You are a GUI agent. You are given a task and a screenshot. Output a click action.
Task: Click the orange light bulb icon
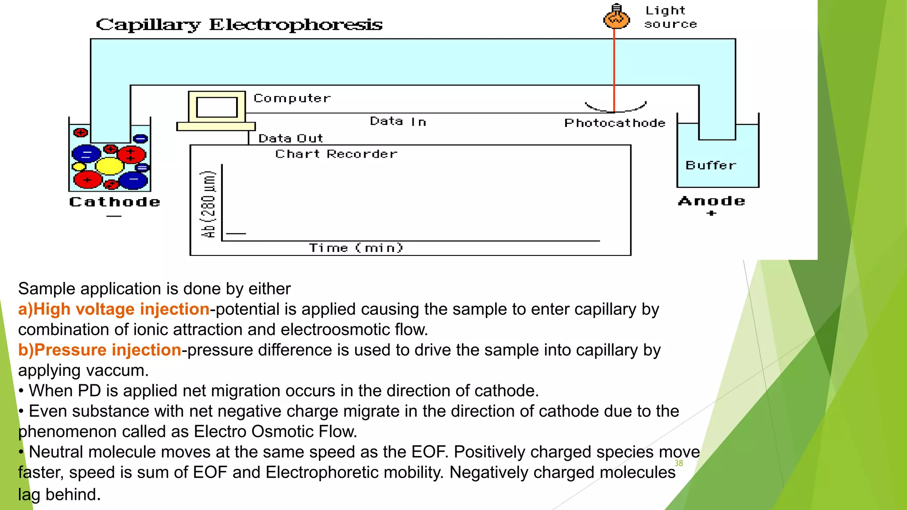point(616,17)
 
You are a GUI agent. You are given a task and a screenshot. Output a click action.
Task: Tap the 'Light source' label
point(670,17)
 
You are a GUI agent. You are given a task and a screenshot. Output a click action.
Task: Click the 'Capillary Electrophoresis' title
point(239,25)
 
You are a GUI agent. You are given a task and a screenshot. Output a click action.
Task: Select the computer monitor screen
point(217,107)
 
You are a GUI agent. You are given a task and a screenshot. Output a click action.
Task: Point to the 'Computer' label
point(292,98)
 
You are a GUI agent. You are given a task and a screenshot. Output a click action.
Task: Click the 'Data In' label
point(398,121)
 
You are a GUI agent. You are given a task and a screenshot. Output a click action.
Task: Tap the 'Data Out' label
point(291,139)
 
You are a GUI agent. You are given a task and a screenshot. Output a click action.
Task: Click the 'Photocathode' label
point(615,123)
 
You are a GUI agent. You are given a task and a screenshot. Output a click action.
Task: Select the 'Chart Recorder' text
point(336,154)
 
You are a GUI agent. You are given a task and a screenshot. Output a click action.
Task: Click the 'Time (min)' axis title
point(356,248)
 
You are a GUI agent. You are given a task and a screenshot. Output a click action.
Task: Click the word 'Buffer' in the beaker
point(710,166)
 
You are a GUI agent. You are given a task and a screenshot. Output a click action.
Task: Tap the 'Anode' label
point(711,201)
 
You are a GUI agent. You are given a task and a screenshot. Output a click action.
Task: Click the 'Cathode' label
point(115,202)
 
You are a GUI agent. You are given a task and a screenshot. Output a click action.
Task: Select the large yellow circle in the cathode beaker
point(109,166)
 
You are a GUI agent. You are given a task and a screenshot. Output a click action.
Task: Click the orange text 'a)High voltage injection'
point(114,309)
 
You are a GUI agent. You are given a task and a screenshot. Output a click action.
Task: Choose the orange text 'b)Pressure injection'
point(100,350)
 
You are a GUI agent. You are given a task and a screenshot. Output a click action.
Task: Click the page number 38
point(678,463)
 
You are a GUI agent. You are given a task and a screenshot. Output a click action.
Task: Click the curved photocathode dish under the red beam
point(616,108)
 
